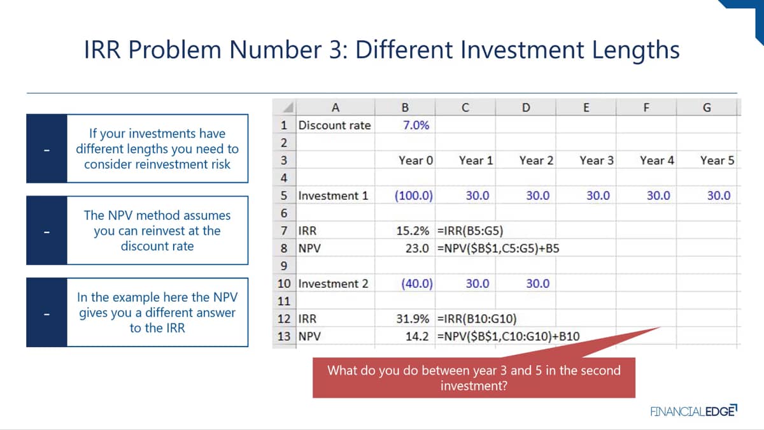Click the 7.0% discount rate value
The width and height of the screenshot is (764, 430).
pos(416,125)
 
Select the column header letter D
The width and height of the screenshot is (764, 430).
pos(526,108)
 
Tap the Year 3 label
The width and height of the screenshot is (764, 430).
pos(597,161)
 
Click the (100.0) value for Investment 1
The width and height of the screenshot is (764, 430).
pos(414,196)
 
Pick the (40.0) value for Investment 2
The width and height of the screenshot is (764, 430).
pos(417,283)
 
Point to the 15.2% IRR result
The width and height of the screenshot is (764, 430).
pos(413,231)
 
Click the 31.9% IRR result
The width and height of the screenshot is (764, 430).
pos(413,319)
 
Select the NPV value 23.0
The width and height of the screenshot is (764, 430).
pos(417,248)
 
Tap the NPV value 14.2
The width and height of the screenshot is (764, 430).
pos(417,336)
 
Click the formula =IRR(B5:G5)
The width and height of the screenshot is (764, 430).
pos(470,231)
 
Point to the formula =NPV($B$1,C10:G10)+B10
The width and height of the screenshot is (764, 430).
pos(508,336)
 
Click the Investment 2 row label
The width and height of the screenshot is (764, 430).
pos(333,283)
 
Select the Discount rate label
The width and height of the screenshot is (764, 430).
pos(335,125)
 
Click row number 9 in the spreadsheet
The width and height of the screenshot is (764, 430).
pos(284,266)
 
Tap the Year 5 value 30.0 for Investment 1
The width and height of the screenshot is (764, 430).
pos(719,196)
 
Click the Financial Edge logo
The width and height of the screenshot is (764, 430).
pos(694,411)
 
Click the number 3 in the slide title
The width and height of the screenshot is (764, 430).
pos(336,50)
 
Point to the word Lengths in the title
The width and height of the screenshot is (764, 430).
pos(636,50)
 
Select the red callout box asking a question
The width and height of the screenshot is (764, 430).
pos(474,377)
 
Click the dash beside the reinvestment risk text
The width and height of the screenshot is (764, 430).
pos(46,150)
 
